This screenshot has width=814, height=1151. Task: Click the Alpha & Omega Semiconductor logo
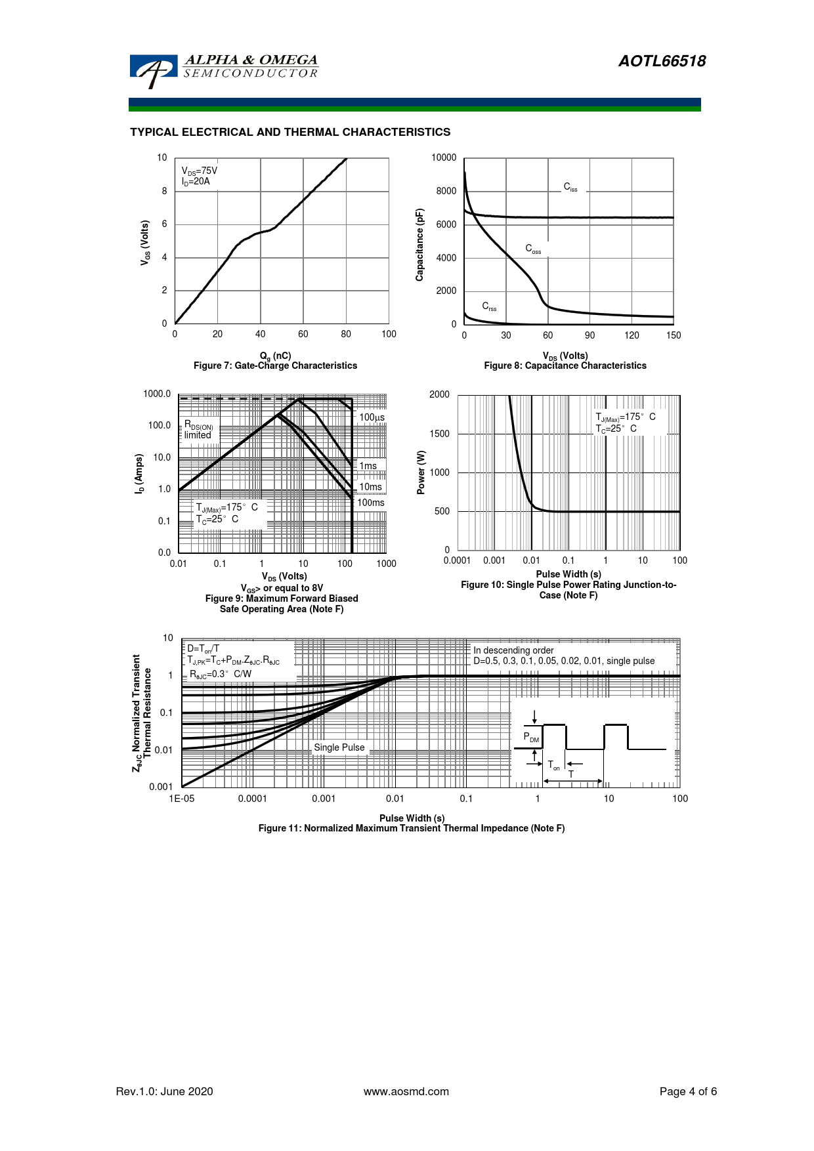223,69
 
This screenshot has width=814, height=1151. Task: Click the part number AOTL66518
662,61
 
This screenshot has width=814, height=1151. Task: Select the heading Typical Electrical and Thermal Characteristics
290,132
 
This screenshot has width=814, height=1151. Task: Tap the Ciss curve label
570,187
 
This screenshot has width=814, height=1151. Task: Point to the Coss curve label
533,249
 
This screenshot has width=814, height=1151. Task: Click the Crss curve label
489,306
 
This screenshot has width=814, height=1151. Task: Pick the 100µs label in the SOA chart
372,417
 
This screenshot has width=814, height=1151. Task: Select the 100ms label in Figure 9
371,503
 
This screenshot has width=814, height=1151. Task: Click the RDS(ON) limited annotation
198,430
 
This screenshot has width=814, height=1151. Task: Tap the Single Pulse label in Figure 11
339,747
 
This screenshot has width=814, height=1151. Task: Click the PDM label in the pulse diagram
531,738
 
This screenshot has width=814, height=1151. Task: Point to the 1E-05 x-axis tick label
182,799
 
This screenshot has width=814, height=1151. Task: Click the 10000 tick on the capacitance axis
444,157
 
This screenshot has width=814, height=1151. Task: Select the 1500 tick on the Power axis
440,434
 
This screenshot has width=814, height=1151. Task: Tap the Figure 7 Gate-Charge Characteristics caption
275,366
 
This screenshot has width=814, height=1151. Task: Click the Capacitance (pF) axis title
420,245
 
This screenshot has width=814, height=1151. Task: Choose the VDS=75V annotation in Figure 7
200,171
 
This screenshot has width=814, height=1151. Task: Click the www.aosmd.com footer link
406,1091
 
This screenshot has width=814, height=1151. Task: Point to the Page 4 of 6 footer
688,1091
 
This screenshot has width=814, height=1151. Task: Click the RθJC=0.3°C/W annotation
221,674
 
